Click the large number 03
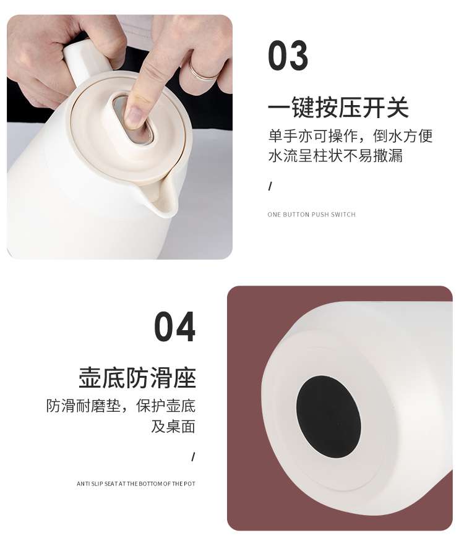pyautogui.click(x=288, y=55)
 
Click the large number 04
pyautogui.click(x=174, y=326)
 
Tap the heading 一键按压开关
pyautogui.click(x=338, y=108)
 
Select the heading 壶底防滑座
pyautogui.click(x=137, y=378)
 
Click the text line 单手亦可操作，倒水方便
pyautogui.click(x=350, y=136)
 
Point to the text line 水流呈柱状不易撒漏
pyautogui.click(x=335, y=155)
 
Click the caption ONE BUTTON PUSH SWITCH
pyautogui.click(x=311, y=215)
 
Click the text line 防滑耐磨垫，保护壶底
pyautogui.click(x=121, y=406)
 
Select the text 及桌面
pyautogui.click(x=173, y=427)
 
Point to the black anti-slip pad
pyautogui.click(x=329, y=415)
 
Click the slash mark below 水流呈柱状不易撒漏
pyautogui.click(x=270, y=187)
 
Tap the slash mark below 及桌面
pyautogui.click(x=193, y=457)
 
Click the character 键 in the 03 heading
pyautogui.click(x=303, y=108)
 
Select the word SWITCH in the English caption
pyautogui.click(x=343, y=215)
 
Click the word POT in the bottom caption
pyautogui.click(x=189, y=483)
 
